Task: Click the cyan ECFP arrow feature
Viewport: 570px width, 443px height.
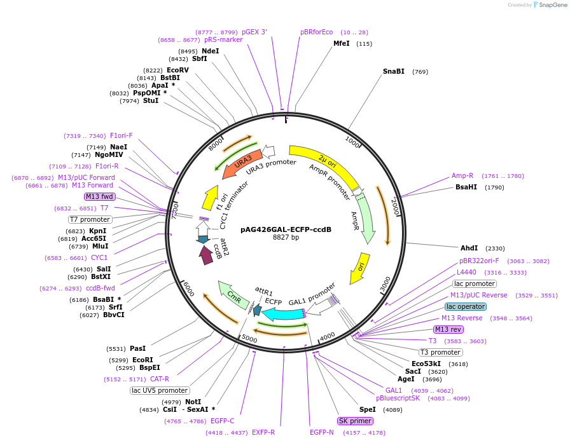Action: (282, 314)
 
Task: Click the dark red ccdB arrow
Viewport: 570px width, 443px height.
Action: (205, 255)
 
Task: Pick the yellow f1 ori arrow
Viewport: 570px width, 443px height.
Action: (210, 198)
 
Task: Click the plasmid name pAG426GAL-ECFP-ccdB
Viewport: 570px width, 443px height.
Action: (286, 229)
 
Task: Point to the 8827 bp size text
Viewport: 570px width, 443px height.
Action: (286, 238)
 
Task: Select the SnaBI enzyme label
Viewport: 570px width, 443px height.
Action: (393, 71)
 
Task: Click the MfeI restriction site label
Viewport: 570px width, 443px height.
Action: (342, 44)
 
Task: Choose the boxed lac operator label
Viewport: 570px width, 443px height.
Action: (466, 306)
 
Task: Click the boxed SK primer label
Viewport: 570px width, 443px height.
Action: (355, 421)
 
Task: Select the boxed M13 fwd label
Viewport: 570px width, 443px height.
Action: (99, 196)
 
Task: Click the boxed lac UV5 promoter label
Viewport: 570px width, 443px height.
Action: (160, 390)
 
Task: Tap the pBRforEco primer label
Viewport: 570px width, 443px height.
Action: (316, 32)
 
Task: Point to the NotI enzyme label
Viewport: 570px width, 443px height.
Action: (192, 402)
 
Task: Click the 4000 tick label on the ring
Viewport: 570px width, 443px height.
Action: (327, 336)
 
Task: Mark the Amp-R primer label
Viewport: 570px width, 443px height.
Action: (462, 175)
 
